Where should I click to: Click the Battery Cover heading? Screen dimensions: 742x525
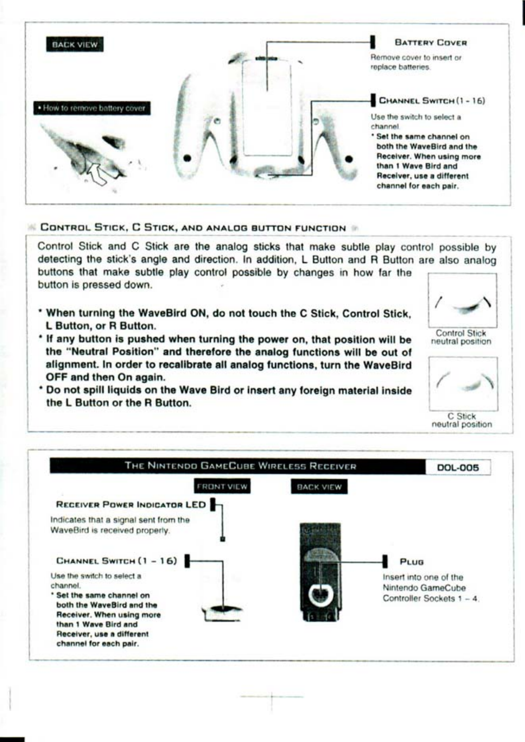(430, 43)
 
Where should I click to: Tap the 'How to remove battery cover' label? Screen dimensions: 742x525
(92, 108)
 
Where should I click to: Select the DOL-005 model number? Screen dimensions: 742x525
(458, 468)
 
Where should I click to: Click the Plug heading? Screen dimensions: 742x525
(412, 562)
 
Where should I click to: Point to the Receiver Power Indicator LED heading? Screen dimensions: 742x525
(130, 505)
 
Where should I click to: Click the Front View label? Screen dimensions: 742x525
(222, 487)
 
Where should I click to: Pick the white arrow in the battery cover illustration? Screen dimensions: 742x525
(97, 174)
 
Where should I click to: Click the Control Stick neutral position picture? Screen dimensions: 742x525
(462, 300)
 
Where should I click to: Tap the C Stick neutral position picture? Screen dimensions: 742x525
(463, 383)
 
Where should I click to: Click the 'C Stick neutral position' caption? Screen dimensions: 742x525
(461, 420)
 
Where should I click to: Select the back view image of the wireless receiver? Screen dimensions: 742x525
(320, 572)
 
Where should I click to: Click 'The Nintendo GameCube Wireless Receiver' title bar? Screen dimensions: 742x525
(240, 466)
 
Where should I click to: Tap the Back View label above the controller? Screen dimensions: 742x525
(75, 44)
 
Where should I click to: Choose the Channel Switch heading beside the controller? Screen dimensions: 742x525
(431, 101)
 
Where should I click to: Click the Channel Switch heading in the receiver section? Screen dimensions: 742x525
(116, 561)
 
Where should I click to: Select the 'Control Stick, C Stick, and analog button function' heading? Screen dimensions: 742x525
(193, 228)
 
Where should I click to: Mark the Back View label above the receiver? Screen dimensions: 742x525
(319, 487)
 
